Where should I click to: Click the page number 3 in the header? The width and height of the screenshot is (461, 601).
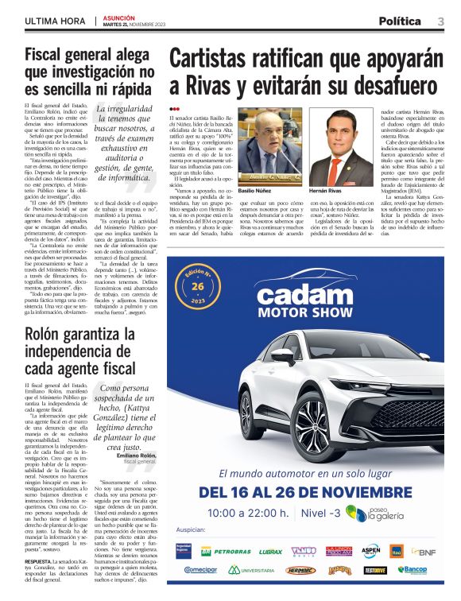point(441,21)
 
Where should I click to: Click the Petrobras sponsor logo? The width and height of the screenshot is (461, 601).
point(230,550)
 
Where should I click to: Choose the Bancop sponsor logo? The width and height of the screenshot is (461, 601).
point(413,570)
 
